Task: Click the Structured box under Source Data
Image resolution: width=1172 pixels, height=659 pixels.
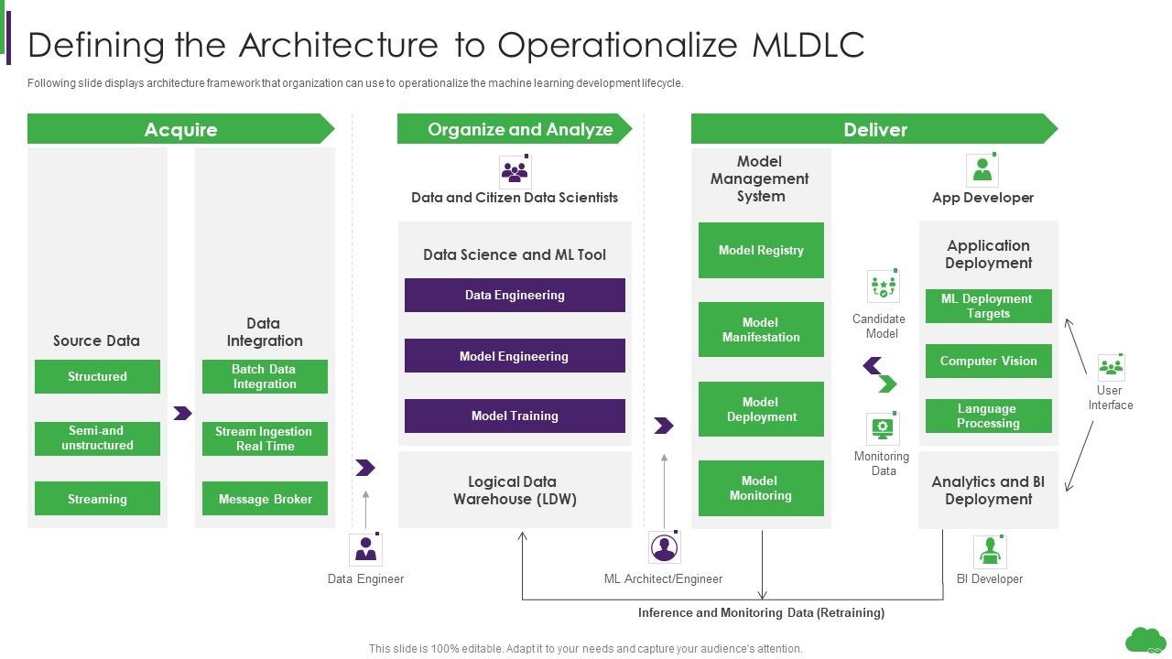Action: [97, 376]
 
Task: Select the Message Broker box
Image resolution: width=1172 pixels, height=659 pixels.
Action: [265, 499]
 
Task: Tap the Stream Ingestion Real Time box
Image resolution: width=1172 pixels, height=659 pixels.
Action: [265, 438]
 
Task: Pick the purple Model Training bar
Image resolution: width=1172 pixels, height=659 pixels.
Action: [515, 416]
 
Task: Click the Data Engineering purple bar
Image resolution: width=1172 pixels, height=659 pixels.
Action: [515, 295]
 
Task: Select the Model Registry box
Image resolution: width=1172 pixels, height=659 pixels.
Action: [761, 250]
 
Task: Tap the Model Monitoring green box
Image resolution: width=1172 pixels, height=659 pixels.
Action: [761, 488]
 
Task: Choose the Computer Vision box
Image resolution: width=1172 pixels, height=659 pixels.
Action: [988, 361]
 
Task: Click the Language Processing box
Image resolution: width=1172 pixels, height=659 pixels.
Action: [988, 416]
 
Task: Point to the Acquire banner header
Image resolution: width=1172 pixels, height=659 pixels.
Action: [180, 129]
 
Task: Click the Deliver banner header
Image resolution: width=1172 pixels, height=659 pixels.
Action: [874, 129]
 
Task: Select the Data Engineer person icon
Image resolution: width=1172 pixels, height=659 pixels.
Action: [365, 549]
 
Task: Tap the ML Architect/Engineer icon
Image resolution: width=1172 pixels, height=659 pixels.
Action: [664, 547]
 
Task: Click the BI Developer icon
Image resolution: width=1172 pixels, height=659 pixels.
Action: [989, 551]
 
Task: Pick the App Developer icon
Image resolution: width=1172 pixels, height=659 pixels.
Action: [982, 170]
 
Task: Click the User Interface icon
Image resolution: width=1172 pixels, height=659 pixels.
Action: [1111, 367]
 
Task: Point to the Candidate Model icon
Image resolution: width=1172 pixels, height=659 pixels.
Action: [883, 286]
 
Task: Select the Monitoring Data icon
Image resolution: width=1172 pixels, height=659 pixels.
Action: [883, 428]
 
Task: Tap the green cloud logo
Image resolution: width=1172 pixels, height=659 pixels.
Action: [1145, 639]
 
